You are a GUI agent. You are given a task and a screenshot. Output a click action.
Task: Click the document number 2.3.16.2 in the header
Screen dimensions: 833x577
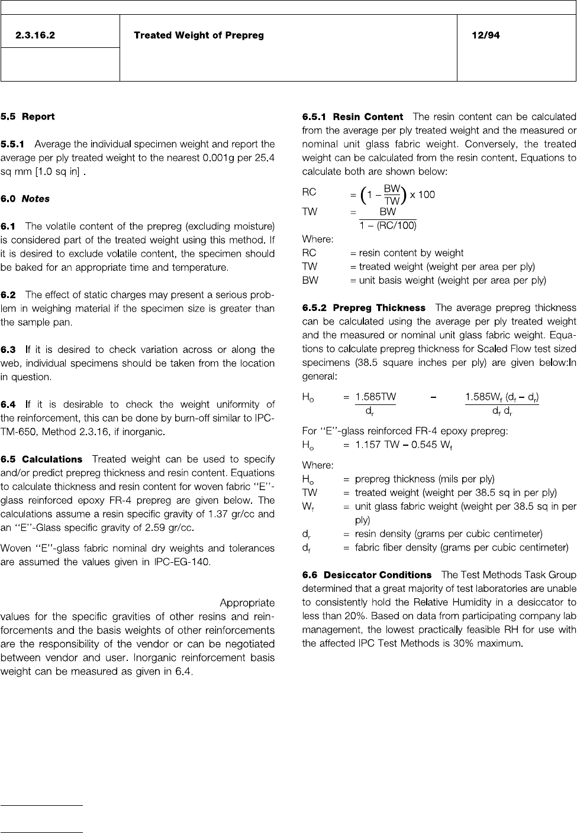pyautogui.click(x=36, y=35)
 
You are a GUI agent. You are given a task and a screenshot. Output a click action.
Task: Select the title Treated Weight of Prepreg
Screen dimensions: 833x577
pyautogui.click(x=199, y=35)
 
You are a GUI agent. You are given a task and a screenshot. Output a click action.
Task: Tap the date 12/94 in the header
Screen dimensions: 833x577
pyautogui.click(x=485, y=35)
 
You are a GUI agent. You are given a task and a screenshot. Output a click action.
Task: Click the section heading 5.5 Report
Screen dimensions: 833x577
pyautogui.click(x=28, y=116)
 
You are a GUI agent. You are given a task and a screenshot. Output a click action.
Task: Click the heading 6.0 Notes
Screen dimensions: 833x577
pyautogui.click(x=25, y=199)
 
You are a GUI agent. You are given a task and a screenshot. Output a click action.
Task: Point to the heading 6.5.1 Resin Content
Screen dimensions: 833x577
pyautogui.click(x=353, y=117)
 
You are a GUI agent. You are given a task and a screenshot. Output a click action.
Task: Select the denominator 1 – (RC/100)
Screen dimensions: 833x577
pyautogui.click(x=388, y=225)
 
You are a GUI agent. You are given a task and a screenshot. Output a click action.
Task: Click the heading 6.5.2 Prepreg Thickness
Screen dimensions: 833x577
pyautogui.click(x=364, y=308)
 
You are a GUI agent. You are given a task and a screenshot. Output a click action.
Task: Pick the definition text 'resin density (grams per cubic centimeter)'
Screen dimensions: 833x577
pyautogui.click(x=449, y=534)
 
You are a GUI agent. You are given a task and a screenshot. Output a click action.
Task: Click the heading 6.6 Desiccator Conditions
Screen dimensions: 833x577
pyautogui.click(x=367, y=575)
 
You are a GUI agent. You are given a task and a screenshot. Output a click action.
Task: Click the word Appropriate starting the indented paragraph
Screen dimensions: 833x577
pyautogui.click(x=247, y=603)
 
